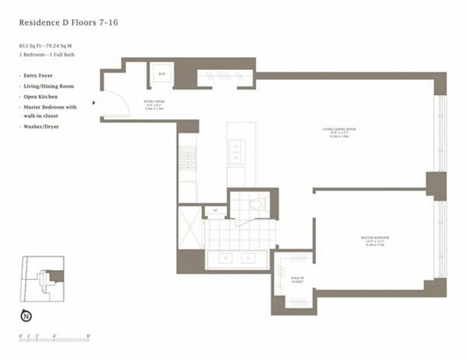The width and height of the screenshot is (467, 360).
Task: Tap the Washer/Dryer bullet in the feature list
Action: tap(41, 126)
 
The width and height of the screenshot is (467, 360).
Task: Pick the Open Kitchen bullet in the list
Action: tap(40, 96)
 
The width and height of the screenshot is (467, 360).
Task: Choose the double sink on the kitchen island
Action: tap(236, 152)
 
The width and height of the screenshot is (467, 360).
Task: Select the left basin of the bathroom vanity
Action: tap(225, 257)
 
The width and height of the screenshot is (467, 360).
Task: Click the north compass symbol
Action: tap(26, 316)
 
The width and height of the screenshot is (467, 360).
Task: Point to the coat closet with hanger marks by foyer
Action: tap(224, 76)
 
